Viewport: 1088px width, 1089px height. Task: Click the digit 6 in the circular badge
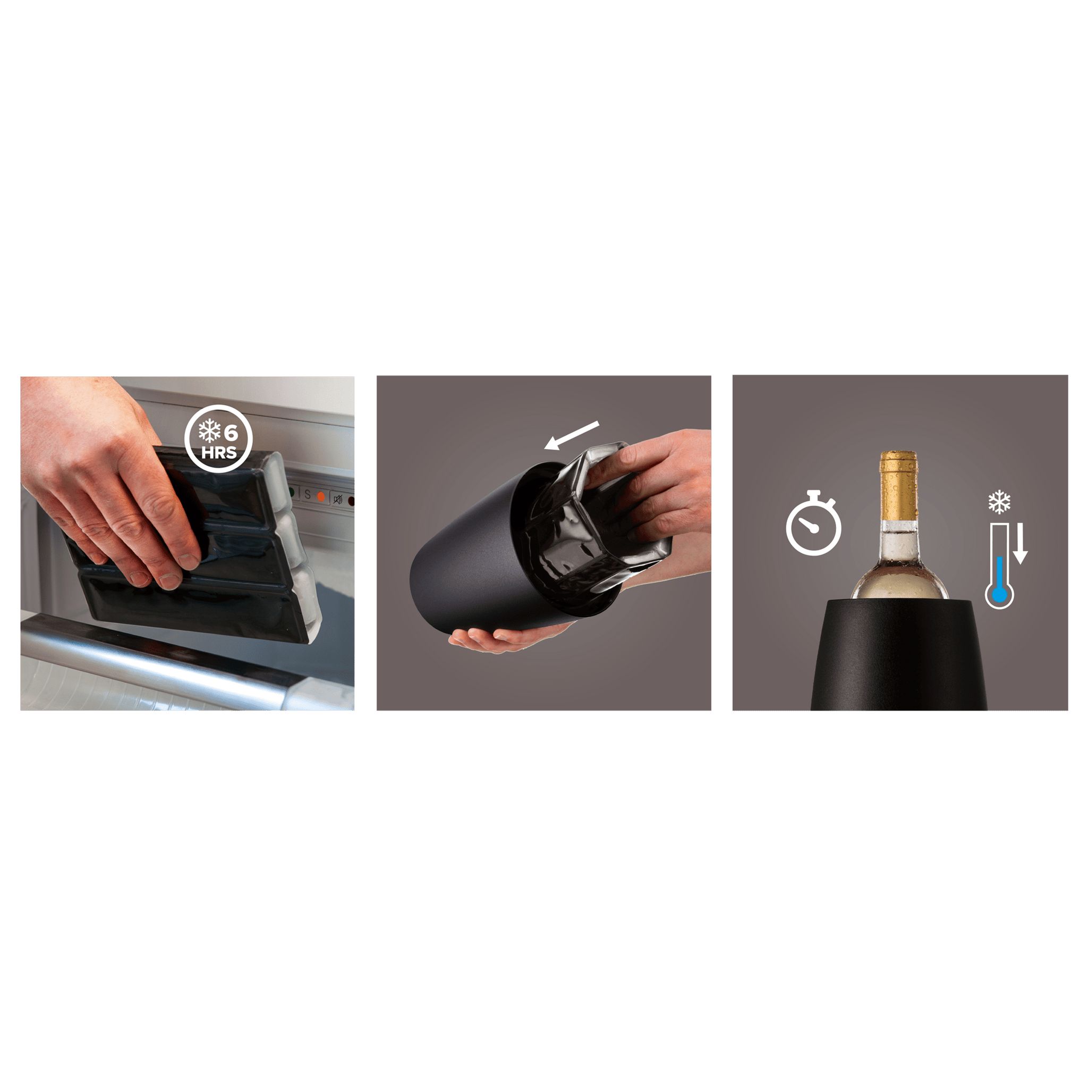[x=231, y=432]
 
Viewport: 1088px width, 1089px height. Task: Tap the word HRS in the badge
[x=219, y=453]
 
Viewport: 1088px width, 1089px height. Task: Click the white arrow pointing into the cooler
[x=571, y=436]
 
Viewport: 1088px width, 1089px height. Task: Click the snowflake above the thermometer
[x=999, y=502]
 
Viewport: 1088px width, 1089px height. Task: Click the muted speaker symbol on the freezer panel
[x=338, y=499]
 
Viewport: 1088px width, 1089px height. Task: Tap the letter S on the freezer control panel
[x=307, y=495]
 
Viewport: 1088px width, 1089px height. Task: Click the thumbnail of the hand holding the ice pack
[x=188, y=543]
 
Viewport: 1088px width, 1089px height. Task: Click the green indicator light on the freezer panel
[x=292, y=492]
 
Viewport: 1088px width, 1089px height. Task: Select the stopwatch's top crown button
[x=813, y=494]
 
